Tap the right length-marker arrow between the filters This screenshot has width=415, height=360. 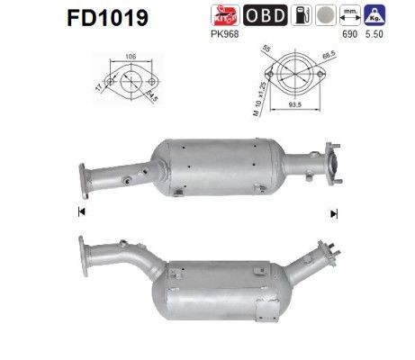(x=334, y=212)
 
